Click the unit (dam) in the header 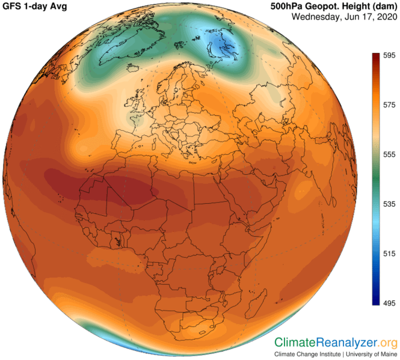pyautogui.click(x=382, y=6)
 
